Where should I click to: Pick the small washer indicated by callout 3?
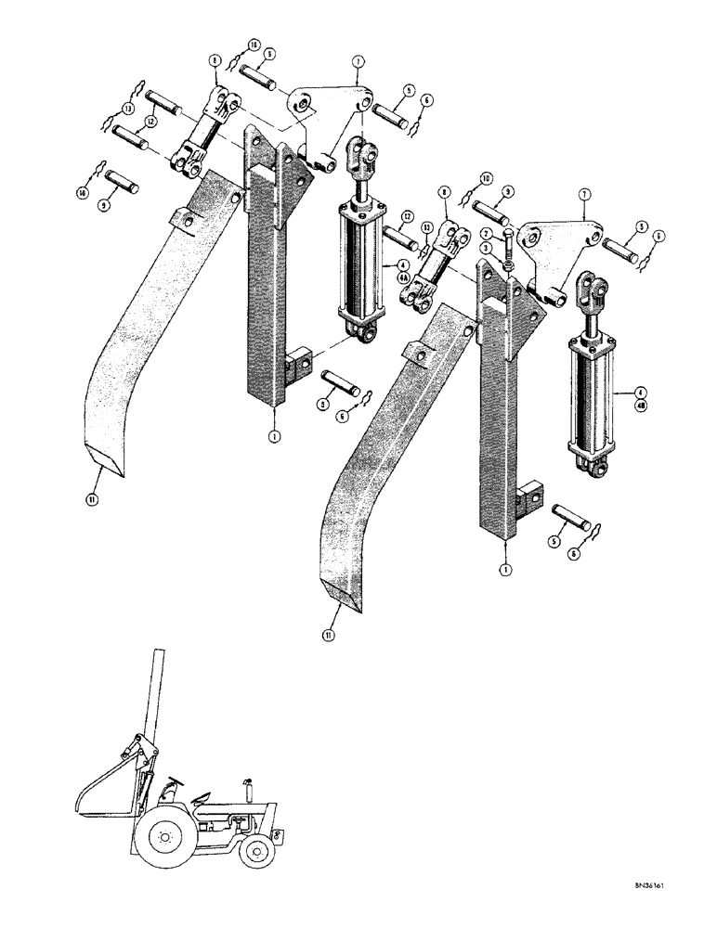tap(510, 268)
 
